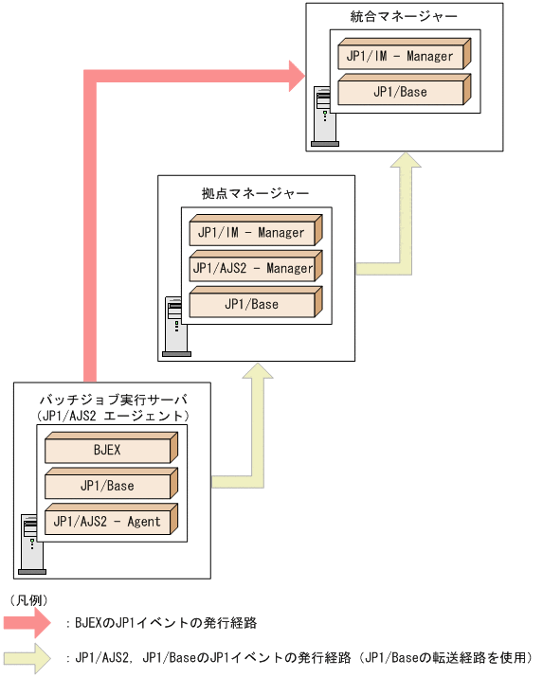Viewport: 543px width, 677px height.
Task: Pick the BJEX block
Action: pos(108,450)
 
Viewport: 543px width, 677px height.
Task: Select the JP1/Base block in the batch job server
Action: pos(108,486)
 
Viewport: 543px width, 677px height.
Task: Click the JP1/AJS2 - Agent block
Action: pos(108,522)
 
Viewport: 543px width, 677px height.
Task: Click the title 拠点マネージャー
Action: pos(255,193)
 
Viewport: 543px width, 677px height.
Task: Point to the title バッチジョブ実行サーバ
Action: pos(114,399)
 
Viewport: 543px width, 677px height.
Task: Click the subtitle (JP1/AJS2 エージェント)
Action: pos(114,415)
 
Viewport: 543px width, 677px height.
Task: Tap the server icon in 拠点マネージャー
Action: pos(175,326)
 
